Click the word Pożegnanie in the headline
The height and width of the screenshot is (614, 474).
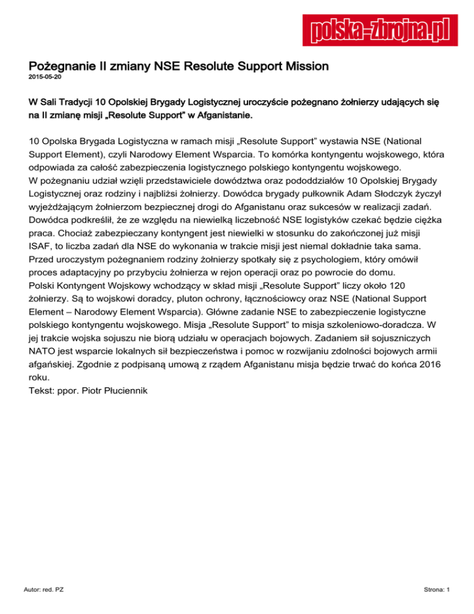pos(59,65)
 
